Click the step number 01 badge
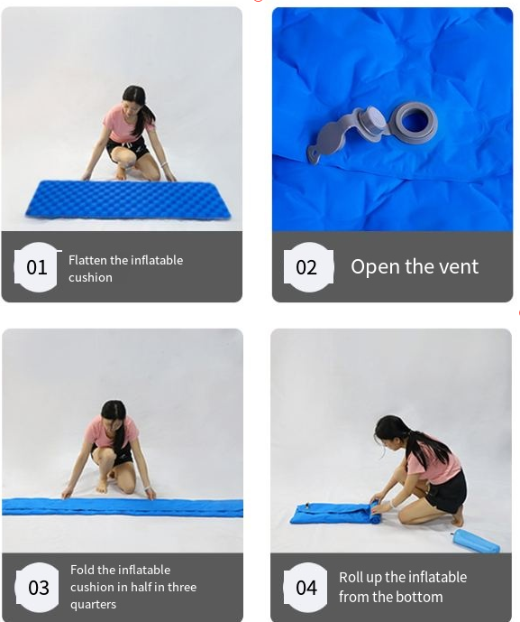click(36, 267)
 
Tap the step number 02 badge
click(308, 267)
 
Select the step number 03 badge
click(38, 587)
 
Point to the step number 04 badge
click(306, 587)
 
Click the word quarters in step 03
click(93, 605)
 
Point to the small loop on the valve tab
click(313, 157)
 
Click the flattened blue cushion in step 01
click(128, 200)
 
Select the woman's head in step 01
click(132, 98)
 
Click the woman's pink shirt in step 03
click(112, 432)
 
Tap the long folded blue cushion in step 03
click(123, 507)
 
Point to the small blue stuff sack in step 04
click(477, 542)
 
